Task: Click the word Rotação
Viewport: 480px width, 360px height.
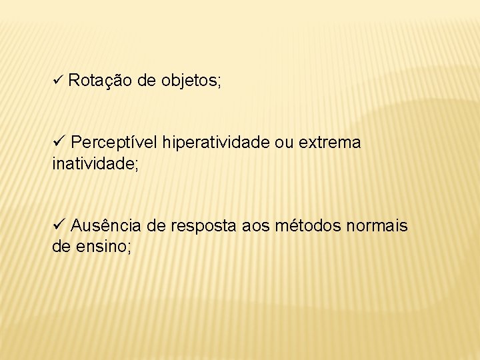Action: pos(99,81)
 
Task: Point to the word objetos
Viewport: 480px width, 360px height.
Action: pos(189,81)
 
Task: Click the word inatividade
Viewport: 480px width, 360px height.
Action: pos(93,163)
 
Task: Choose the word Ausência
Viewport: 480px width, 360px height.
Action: pos(107,226)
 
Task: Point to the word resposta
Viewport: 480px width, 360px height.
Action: pos(203,227)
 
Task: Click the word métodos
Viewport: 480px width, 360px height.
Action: pos(308,226)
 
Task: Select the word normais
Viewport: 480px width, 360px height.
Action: pos(377,226)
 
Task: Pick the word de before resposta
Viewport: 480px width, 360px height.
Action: pos(156,226)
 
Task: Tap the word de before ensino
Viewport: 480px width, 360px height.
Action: pos(61,247)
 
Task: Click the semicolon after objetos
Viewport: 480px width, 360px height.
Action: pos(219,83)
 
